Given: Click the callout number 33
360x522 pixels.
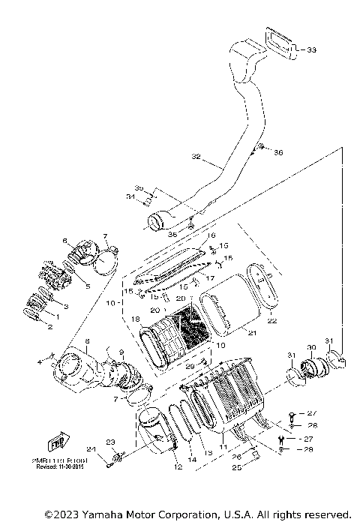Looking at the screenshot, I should coord(311,50).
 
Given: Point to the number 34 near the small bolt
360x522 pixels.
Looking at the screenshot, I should coord(129,197).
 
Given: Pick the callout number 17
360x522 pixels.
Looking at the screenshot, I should coord(211,277).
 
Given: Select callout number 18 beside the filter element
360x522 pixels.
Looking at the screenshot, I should coord(136,319).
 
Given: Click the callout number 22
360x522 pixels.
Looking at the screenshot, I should coord(272,320).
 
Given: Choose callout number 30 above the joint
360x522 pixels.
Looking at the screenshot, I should coord(311,348).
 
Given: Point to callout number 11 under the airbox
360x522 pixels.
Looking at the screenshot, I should coord(222,446).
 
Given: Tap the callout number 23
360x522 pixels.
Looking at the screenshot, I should coord(109,442).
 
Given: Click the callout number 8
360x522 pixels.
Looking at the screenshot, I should coord(87,341).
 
